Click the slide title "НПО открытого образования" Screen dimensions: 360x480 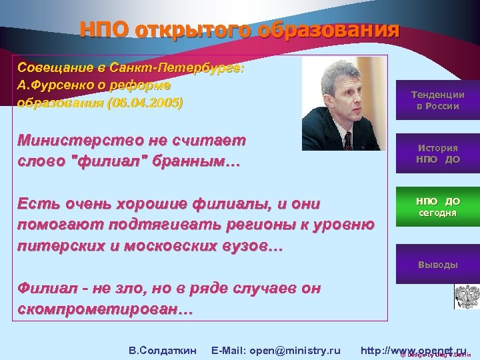(x=239, y=30)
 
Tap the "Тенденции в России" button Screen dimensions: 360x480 (x=437, y=101)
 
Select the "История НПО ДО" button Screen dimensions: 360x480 (x=437, y=154)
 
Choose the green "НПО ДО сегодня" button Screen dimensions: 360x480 (x=437, y=207)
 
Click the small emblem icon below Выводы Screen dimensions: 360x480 (x=463, y=295)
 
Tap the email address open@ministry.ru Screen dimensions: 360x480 (x=275, y=350)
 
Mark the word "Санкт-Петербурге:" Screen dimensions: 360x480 (x=188, y=69)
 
